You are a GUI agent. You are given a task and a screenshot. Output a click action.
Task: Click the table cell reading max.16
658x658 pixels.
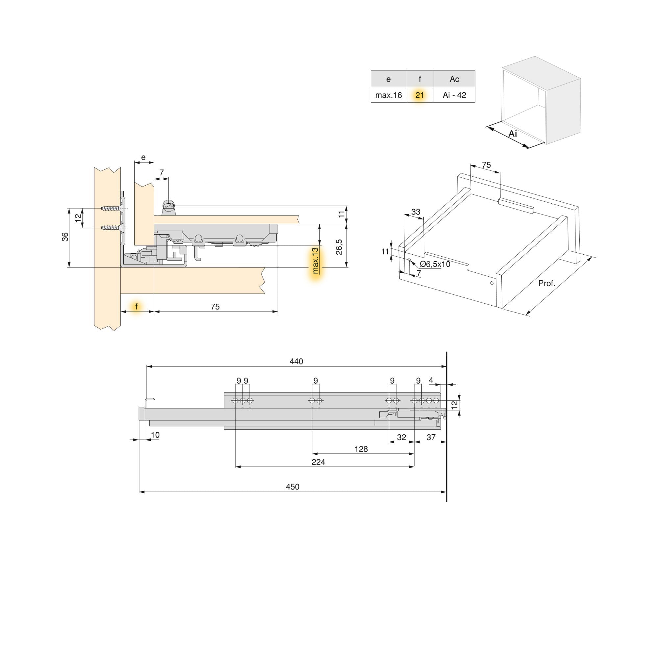coord(388,95)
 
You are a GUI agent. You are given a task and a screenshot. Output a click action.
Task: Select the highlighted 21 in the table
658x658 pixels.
coord(419,95)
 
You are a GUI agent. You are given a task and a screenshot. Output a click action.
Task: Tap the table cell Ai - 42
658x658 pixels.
coord(454,95)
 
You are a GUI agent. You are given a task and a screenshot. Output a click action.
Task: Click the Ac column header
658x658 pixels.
coord(454,79)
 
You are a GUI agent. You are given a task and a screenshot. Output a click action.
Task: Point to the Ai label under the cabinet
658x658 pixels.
coord(513,134)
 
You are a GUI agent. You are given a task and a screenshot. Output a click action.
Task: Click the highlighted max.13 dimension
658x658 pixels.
coord(316,261)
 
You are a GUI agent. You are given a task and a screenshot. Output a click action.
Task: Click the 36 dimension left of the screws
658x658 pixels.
coord(65,237)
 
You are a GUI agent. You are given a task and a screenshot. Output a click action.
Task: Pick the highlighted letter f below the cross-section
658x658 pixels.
coord(137,307)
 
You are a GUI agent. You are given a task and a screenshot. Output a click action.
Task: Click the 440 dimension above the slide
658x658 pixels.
coord(296,361)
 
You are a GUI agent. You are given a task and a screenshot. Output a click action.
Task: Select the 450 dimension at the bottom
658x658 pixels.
coord(292,487)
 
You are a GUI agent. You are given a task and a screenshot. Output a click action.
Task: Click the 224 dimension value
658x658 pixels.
coord(318,462)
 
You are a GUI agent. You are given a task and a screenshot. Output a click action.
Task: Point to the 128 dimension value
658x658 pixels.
coord(361,449)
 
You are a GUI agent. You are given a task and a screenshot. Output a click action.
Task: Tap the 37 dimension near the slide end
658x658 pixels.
coord(431,437)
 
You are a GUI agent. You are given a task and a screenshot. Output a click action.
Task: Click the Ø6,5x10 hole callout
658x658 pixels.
coord(435,264)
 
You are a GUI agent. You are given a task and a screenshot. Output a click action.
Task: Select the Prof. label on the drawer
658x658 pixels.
coord(546,283)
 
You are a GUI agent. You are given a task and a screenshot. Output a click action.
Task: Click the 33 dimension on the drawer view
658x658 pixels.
coord(416,212)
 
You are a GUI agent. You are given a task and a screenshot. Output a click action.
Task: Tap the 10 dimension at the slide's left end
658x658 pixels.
coord(155,435)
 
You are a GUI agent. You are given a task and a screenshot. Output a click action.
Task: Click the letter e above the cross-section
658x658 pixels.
coord(143,157)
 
